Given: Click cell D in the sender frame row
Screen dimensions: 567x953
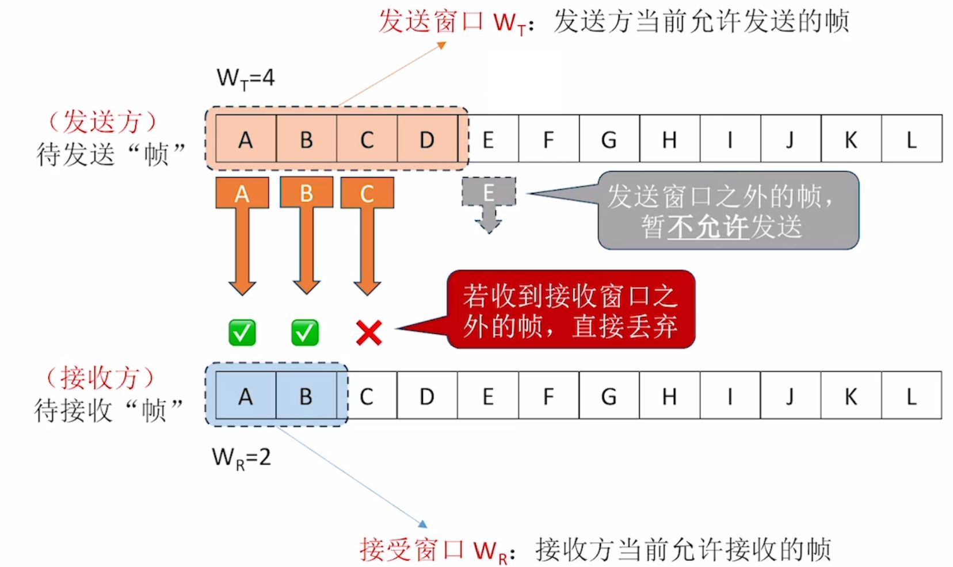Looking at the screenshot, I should click(427, 139).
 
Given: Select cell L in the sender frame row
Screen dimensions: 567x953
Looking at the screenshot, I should click(912, 139).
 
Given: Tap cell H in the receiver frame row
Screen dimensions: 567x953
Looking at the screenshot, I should click(669, 396).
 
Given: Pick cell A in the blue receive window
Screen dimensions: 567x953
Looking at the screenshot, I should click(246, 396).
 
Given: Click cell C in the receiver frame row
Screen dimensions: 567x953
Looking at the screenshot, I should click(367, 396).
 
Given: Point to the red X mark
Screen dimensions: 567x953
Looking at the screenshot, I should click(368, 332).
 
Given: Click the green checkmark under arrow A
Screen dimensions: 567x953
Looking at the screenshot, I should click(242, 332).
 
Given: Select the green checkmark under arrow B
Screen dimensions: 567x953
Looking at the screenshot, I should click(305, 332).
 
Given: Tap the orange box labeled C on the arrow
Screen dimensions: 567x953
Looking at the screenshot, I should click(367, 193).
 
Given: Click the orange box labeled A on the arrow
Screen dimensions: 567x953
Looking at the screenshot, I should click(242, 193).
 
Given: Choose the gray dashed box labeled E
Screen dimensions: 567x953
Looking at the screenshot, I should click(489, 192).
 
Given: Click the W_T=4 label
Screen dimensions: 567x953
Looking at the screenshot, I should click(246, 78).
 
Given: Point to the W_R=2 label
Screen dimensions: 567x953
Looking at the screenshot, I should click(241, 458).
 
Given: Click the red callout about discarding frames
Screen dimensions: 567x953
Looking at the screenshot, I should click(571, 309).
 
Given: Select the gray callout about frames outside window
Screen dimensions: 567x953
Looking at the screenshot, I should click(728, 210).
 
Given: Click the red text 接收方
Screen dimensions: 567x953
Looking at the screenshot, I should click(101, 378).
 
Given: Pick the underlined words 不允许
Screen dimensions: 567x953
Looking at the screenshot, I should click(708, 227).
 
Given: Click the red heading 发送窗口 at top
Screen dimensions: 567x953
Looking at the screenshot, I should click(430, 22).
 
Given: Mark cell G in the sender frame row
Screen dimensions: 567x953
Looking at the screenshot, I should click(609, 139).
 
